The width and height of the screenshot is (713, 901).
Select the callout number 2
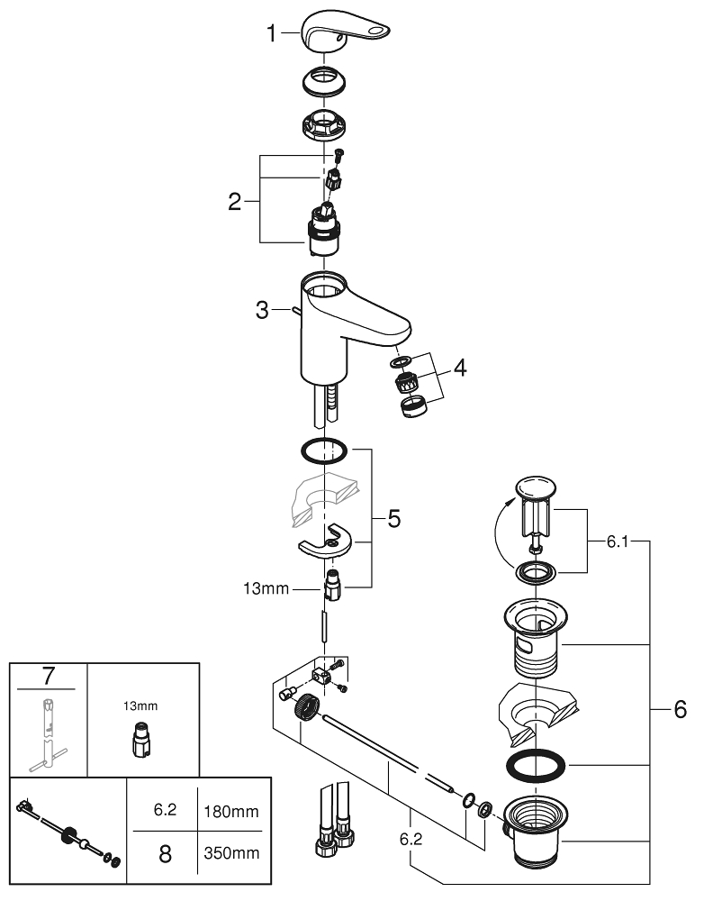point(235,201)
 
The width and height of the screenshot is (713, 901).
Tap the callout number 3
point(262,311)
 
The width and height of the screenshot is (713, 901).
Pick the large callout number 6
point(680,710)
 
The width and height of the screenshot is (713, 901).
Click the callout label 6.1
point(618,542)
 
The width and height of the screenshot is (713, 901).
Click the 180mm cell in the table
point(231,811)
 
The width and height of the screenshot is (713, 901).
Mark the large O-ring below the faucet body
point(324,448)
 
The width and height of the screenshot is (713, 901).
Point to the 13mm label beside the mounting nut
point(267,589)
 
